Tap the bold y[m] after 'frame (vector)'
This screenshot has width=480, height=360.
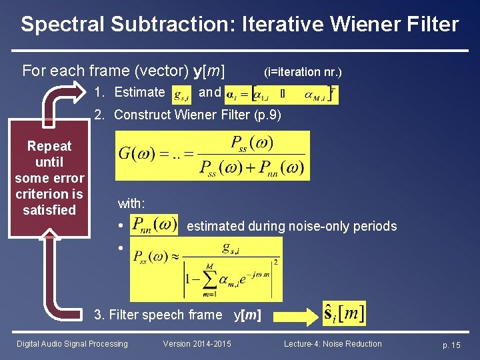click(x=209, y=71)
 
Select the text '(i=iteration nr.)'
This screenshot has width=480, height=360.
click(x=303, y=72)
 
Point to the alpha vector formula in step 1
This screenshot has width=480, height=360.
click(x=281, y=94)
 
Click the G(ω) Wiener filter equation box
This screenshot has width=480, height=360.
click(x=212, y=155)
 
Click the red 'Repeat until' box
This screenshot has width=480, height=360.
click(x=49, y=177)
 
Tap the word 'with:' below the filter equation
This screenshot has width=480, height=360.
click(x=131, y=203)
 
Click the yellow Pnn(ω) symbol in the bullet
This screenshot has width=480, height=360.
click(x=154, y=225)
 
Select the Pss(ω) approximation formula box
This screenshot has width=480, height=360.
click(x=205, y=269)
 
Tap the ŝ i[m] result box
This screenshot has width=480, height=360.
click(x=343, y=313)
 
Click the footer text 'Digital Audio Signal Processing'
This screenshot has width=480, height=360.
click(x=72, y=344)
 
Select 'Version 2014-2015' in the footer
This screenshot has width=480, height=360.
click(x=197, y=344)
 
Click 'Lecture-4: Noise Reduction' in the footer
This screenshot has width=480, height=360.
click(x=333, y=344)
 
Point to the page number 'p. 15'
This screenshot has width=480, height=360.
click(x=451, y=345)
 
